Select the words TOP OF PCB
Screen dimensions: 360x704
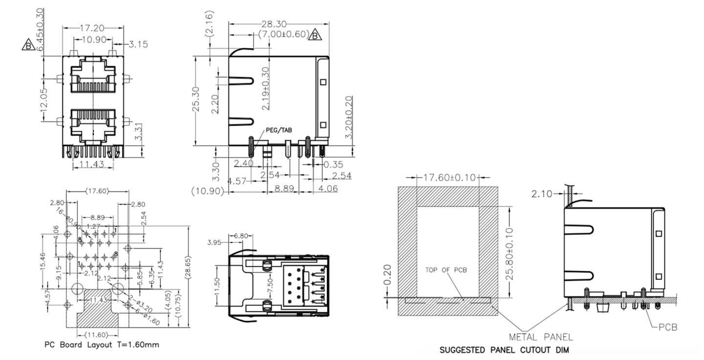pyautogui.click(x=446, y=270)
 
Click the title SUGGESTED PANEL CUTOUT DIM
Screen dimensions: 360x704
pyautogui.click(x=504, y=350)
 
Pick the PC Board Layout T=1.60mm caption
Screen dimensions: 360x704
pyautogui.click(x=102, y=344)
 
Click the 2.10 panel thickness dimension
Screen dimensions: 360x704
pyautogui.click(x=541, y=194)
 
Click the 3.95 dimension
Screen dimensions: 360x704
pyautogui.click(x=215, y=243)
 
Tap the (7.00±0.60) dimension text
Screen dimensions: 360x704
pyautogui.click(x=283, y=34)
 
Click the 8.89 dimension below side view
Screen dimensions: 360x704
pyautogui.click(x=284, y=189)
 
